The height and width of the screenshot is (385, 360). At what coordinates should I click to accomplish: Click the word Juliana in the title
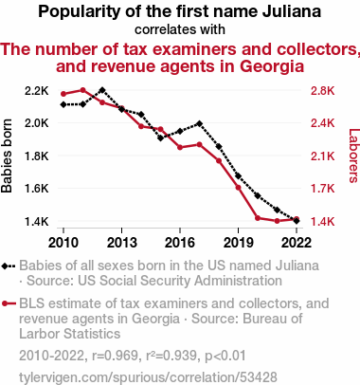[x=291, y=12]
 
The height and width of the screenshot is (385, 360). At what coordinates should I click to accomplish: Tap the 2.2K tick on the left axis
[x=37, y=91]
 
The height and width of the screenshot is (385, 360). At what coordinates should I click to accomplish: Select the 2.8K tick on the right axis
[x=322, y=91]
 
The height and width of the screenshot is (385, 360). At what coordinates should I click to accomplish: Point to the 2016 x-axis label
[x=180, y=243]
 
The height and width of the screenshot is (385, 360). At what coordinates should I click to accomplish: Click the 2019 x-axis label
[x=238, y=243]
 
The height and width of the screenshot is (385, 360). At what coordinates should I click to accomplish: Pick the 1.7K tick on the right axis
[x=322, y=189]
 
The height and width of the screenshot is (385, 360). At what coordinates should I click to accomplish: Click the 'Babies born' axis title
[x=7, y=156]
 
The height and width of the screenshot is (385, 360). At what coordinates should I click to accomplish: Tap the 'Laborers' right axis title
[x=354, y=156]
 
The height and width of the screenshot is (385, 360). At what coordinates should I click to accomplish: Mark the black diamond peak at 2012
[x=102, y=90]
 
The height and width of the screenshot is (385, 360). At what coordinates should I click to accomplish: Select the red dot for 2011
[x=82, y=90]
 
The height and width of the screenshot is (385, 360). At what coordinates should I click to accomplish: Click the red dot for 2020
[x=258, y=218]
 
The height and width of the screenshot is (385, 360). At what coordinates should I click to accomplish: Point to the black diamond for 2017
[x=199, y=123]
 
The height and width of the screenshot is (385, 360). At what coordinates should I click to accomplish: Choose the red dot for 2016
[x=180, y=147]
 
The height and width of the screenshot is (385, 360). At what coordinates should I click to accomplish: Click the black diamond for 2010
[x=63, y=104]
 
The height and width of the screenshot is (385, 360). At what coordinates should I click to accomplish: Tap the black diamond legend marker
[x=9, y=266]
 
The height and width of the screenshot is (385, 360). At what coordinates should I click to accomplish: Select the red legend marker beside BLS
[x=9, y=303]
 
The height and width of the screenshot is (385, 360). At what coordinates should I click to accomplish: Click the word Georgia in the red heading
[x=272, y=66]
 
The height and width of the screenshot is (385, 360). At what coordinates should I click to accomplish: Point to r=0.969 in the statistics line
[x=115, y=356]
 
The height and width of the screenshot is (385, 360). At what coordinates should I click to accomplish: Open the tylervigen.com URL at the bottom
[x=148, y=377]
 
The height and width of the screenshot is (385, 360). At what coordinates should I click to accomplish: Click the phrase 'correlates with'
[x=180, y=29]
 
